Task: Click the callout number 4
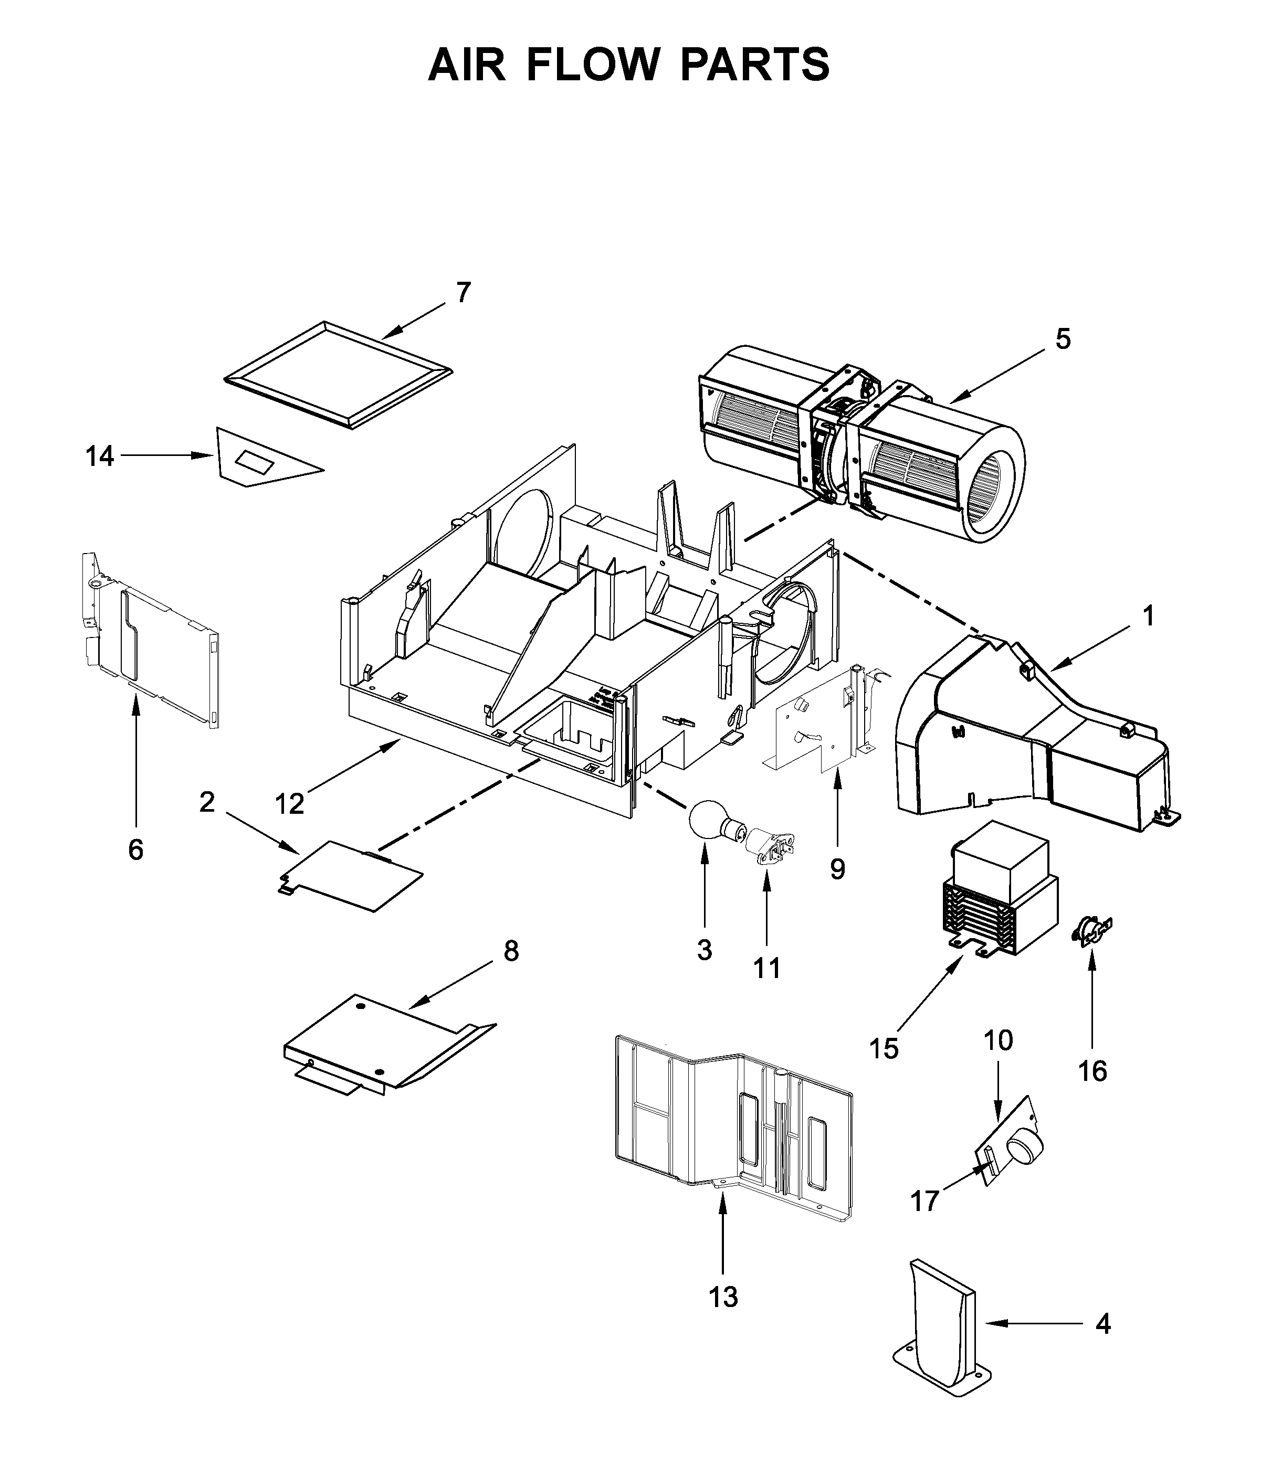(x=1103, y=1324)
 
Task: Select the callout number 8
(x=511, y=951)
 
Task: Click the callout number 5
(x=1063, y=339)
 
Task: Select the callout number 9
(x=837, y=869)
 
